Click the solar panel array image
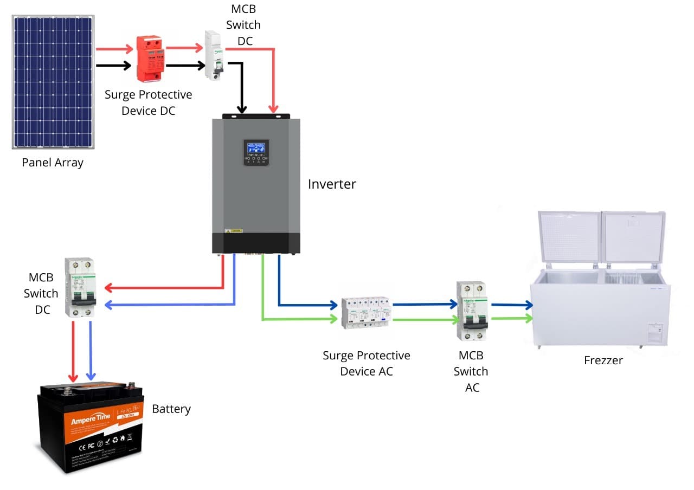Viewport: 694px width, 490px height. click(x=53, y=82)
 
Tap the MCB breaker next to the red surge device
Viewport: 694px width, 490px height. click(x=215, y=55)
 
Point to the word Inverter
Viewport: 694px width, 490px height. click(x=332, y=184)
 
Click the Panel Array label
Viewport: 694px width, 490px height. click(x=53, y=163)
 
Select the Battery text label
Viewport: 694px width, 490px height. click(x=171, y=409)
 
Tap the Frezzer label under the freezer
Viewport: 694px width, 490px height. click(x=603, y=360)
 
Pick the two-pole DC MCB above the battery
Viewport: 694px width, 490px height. click(x=80, y=287)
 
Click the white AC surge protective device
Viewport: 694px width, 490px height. click(x=366, y=313)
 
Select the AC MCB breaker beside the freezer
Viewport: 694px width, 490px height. click(x=471, y=311)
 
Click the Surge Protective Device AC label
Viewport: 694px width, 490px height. click(x=366, y=363)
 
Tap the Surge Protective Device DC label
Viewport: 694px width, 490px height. click(x=148, y=102)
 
